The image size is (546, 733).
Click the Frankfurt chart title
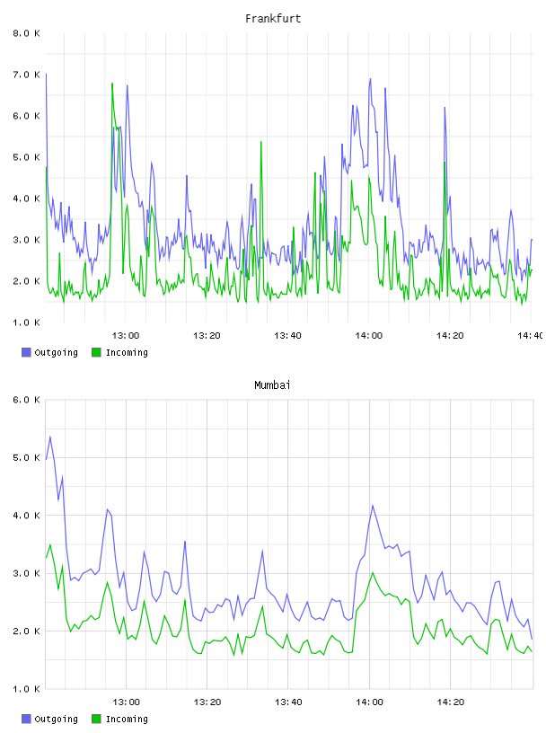click(273, 19)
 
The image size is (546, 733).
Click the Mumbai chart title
click(272, 385)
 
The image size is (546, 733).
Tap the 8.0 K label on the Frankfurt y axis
click(26, 33)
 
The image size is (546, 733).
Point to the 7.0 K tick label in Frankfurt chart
click(26, 75)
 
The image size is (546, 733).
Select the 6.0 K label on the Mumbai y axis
click(26, 400)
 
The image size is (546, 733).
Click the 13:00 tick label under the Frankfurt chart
click(126, 336)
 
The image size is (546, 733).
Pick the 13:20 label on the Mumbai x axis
click(207, 702)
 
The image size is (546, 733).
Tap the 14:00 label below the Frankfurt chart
click(369, 336)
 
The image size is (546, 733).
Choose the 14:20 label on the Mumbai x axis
click(450, 702)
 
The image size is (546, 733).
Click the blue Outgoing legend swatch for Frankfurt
click(26, 352)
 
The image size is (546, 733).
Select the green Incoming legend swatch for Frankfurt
click(96, 352)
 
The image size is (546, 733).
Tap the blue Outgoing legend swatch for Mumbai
click(26, 719)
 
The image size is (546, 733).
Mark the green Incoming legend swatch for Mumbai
click(96, 719)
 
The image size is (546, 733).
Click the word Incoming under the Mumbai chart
click(127, 719)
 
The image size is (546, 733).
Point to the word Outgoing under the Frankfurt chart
click(56, 353)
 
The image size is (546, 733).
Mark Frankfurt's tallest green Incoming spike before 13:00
click(112, 84)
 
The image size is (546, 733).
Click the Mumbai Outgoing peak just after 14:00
click(373, 506)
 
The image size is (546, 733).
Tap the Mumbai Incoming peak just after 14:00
click(373, 573)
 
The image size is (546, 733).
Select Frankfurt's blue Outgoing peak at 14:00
click(370, 79)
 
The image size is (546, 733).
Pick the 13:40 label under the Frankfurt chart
click(287, 336)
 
